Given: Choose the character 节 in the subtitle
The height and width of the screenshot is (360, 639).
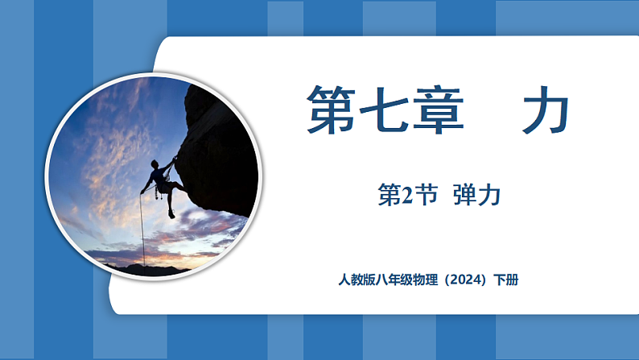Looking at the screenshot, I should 427,195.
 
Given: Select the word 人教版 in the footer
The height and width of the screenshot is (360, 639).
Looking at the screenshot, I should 357,281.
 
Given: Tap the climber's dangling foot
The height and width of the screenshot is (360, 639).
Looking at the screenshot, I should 171,214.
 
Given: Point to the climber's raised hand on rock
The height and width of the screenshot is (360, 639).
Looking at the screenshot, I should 174,158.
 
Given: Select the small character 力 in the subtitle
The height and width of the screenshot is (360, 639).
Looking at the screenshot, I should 493,195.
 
